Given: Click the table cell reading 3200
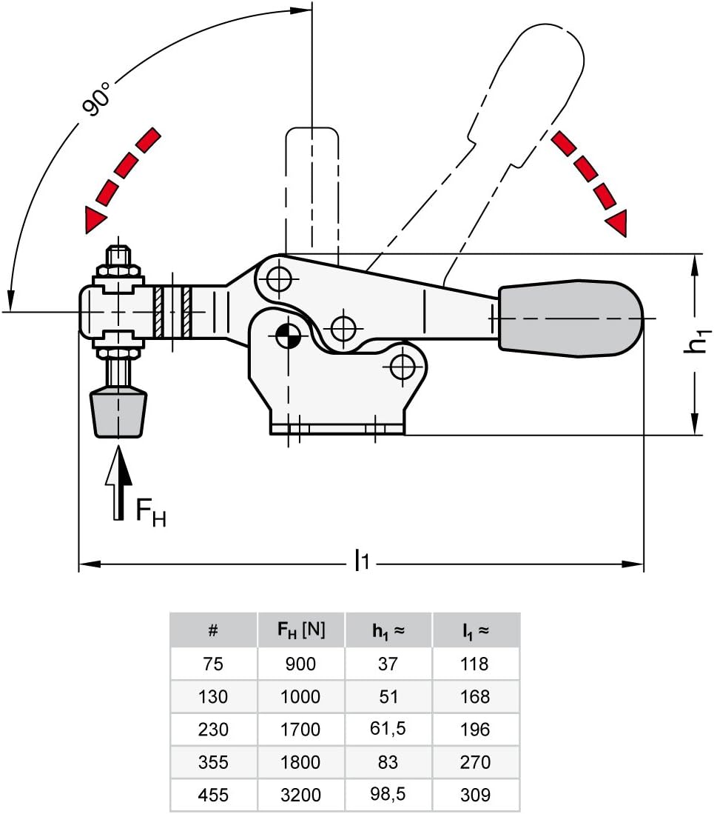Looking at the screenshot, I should click(x=301, y=795).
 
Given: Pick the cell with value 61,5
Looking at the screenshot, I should click(x=388, y=729).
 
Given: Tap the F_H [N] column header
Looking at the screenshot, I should click(x=301, y=630).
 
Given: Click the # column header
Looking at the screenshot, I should click(x=213, y=631).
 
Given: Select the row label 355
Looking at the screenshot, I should click(x=213, y=763).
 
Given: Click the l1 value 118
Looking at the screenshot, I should click(x=474, y=664).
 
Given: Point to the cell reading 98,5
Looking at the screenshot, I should click(x=388, y=795).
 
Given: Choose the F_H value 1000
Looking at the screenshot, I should click(x=301, y=697).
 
